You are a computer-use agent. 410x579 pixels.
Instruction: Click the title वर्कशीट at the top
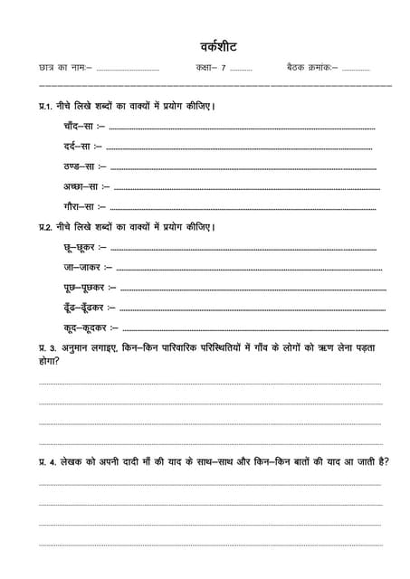coord(219,45)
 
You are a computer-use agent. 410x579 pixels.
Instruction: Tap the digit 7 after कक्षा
coord(223,68)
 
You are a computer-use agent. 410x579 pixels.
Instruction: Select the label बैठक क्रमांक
coord(311,68)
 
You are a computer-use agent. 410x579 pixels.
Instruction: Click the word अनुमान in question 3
coord(80,347)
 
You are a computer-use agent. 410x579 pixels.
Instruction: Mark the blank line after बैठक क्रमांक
coord(357,70)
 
